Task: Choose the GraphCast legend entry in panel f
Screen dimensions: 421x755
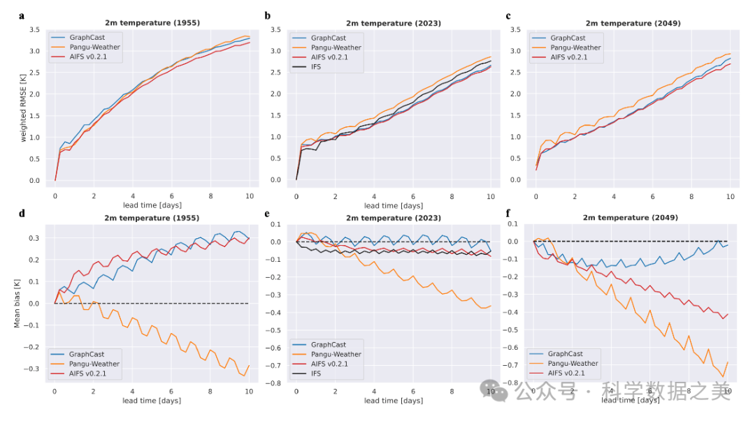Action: (x=565, y=354)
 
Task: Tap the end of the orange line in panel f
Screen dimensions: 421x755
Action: (x=728, y=362)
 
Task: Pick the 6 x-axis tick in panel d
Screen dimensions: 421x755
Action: (x=171, y=392)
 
